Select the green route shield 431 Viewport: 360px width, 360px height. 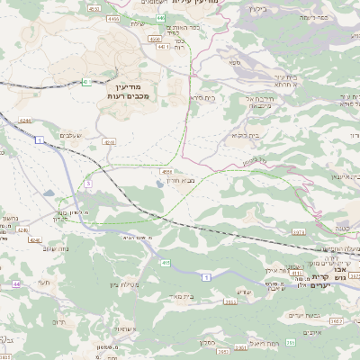point(85,82)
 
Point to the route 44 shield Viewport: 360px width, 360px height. point(17,283)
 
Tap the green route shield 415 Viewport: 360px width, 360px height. point(166,263)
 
